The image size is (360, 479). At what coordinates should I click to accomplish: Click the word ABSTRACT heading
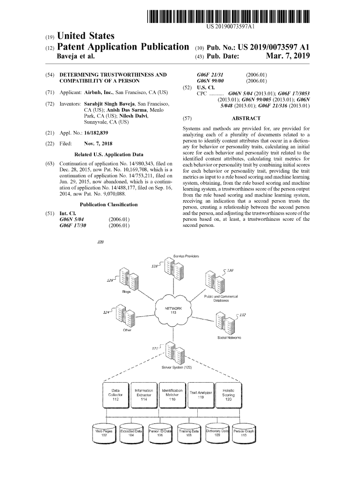pos(246,118)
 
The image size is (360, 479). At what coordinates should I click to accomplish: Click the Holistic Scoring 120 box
pos(229,395)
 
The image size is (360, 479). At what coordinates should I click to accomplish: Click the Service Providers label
pos(186,256)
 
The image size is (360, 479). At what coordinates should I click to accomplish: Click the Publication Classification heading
pos(108,204)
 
